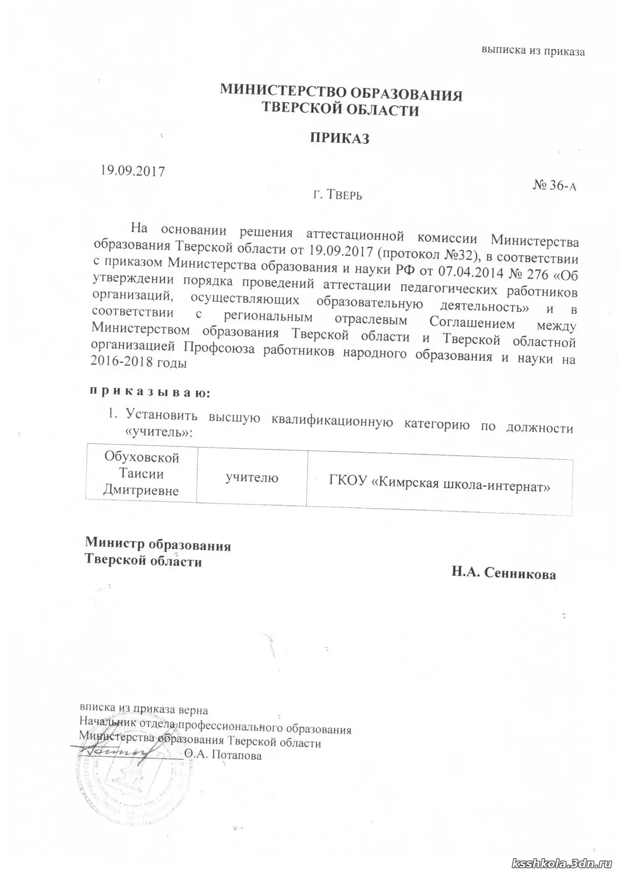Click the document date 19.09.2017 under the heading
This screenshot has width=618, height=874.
133,171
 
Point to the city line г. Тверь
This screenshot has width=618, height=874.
337,195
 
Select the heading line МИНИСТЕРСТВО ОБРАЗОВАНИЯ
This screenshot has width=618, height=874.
340,94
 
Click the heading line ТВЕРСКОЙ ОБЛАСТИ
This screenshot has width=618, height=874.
340,110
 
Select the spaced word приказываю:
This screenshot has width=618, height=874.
149,392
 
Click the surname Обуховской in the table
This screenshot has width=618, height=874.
142,458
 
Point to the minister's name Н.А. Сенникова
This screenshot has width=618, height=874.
503,574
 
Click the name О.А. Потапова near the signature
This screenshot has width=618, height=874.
223,756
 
